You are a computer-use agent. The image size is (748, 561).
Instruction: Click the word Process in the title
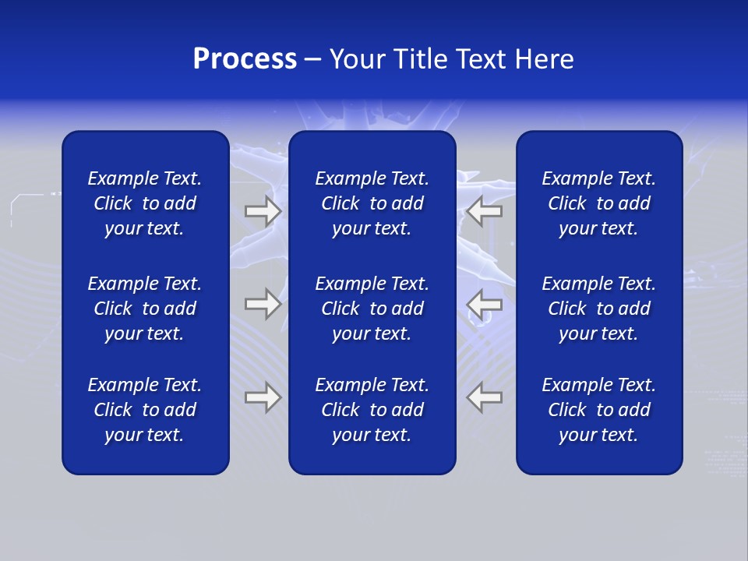click(x=245, y=59)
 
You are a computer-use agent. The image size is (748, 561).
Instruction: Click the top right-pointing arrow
click(x=263, y=211)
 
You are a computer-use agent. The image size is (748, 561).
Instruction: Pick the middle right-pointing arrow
click(x=263, y=304)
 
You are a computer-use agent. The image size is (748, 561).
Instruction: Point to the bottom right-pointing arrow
click(x=263, y=397)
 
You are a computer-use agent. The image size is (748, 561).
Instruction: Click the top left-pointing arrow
click(x=485, y=211)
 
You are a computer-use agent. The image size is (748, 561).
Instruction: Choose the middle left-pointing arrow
click(x=485, y=304)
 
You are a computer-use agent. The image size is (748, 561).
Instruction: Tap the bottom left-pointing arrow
click(x=485, y=397)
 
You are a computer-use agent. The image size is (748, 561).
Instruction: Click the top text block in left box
click(x=145, y=203)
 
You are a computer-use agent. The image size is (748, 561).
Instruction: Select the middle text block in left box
click(x=145, y=309)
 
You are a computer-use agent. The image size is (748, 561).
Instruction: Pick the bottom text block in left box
click(x=145, y=410)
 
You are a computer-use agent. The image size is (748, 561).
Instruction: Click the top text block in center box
click(x=372, y=203)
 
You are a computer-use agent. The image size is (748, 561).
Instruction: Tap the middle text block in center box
click(x=372, y=309)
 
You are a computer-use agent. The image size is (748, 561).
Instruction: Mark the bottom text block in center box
click(x=372, y=410)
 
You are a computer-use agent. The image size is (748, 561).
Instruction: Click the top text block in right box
click(x=598, y=203)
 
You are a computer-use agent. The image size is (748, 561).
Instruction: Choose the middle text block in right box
click(x=598, y=309)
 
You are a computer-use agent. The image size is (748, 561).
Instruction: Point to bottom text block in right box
click(x=598, y=410)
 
